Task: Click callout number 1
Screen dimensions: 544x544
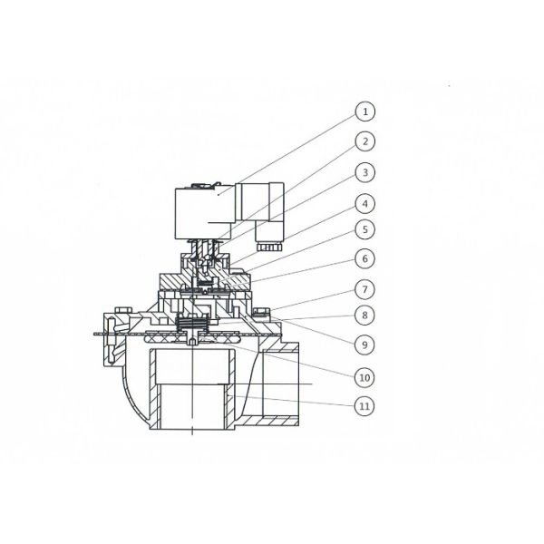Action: click(364, 113)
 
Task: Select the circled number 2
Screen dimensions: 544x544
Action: click(364, 142)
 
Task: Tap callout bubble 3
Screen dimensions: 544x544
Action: click(364, 171)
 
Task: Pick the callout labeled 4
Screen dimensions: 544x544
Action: click(364, 201)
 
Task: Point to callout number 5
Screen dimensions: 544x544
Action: click(364, 230)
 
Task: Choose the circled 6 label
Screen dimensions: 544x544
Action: click(364, 259)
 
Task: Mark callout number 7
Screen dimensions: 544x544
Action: click(364, 288)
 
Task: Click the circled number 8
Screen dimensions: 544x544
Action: click(364, 316)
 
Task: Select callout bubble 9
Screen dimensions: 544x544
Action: click(364, 345)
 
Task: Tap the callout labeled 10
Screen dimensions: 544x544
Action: click(364, 375)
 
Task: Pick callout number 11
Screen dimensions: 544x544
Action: click(364, 405)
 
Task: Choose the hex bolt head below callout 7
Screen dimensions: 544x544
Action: click(261, 314)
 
